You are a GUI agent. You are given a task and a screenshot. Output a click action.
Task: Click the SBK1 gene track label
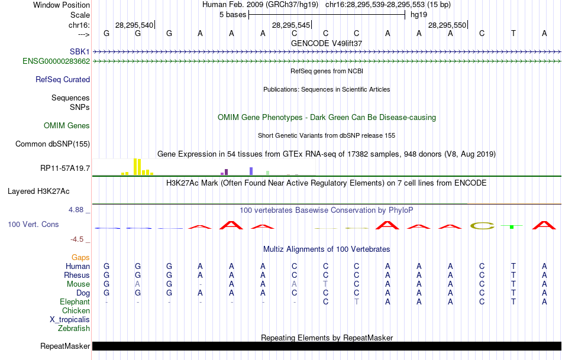pyautogui.click(x=79, y=52)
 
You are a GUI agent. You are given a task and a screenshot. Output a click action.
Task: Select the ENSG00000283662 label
pyautogui.click(x=56, y=61)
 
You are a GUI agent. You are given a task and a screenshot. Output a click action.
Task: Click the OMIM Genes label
pyautogui.click(x=67, y=125)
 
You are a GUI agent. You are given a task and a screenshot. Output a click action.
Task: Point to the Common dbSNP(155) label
pyautogui.click(x=53, y=144)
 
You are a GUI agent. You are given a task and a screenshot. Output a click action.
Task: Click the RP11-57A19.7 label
pyautogui.click(x=65, y=168)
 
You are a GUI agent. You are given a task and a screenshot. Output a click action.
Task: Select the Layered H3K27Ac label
pyautogui.click(x=38, y=191)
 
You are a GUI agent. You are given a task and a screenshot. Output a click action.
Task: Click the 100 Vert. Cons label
pyautogui.click(x=33, y=225)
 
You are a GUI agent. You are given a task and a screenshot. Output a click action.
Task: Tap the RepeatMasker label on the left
pyautogui.click(x=65, y=346)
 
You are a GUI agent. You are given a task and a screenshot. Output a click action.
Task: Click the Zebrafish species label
pyautogui.click(x=74, y=328)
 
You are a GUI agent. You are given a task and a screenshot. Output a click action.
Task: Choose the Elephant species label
pyautogui.click(x=75, y=301)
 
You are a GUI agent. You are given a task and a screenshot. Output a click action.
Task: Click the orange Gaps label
pyautogui.click(x=80, y=257)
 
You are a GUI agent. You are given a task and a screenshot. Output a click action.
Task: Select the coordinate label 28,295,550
pyautogui.click(x=447, y=25)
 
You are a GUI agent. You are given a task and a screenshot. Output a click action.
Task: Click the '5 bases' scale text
pyautogui.click(x=231, y=14)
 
